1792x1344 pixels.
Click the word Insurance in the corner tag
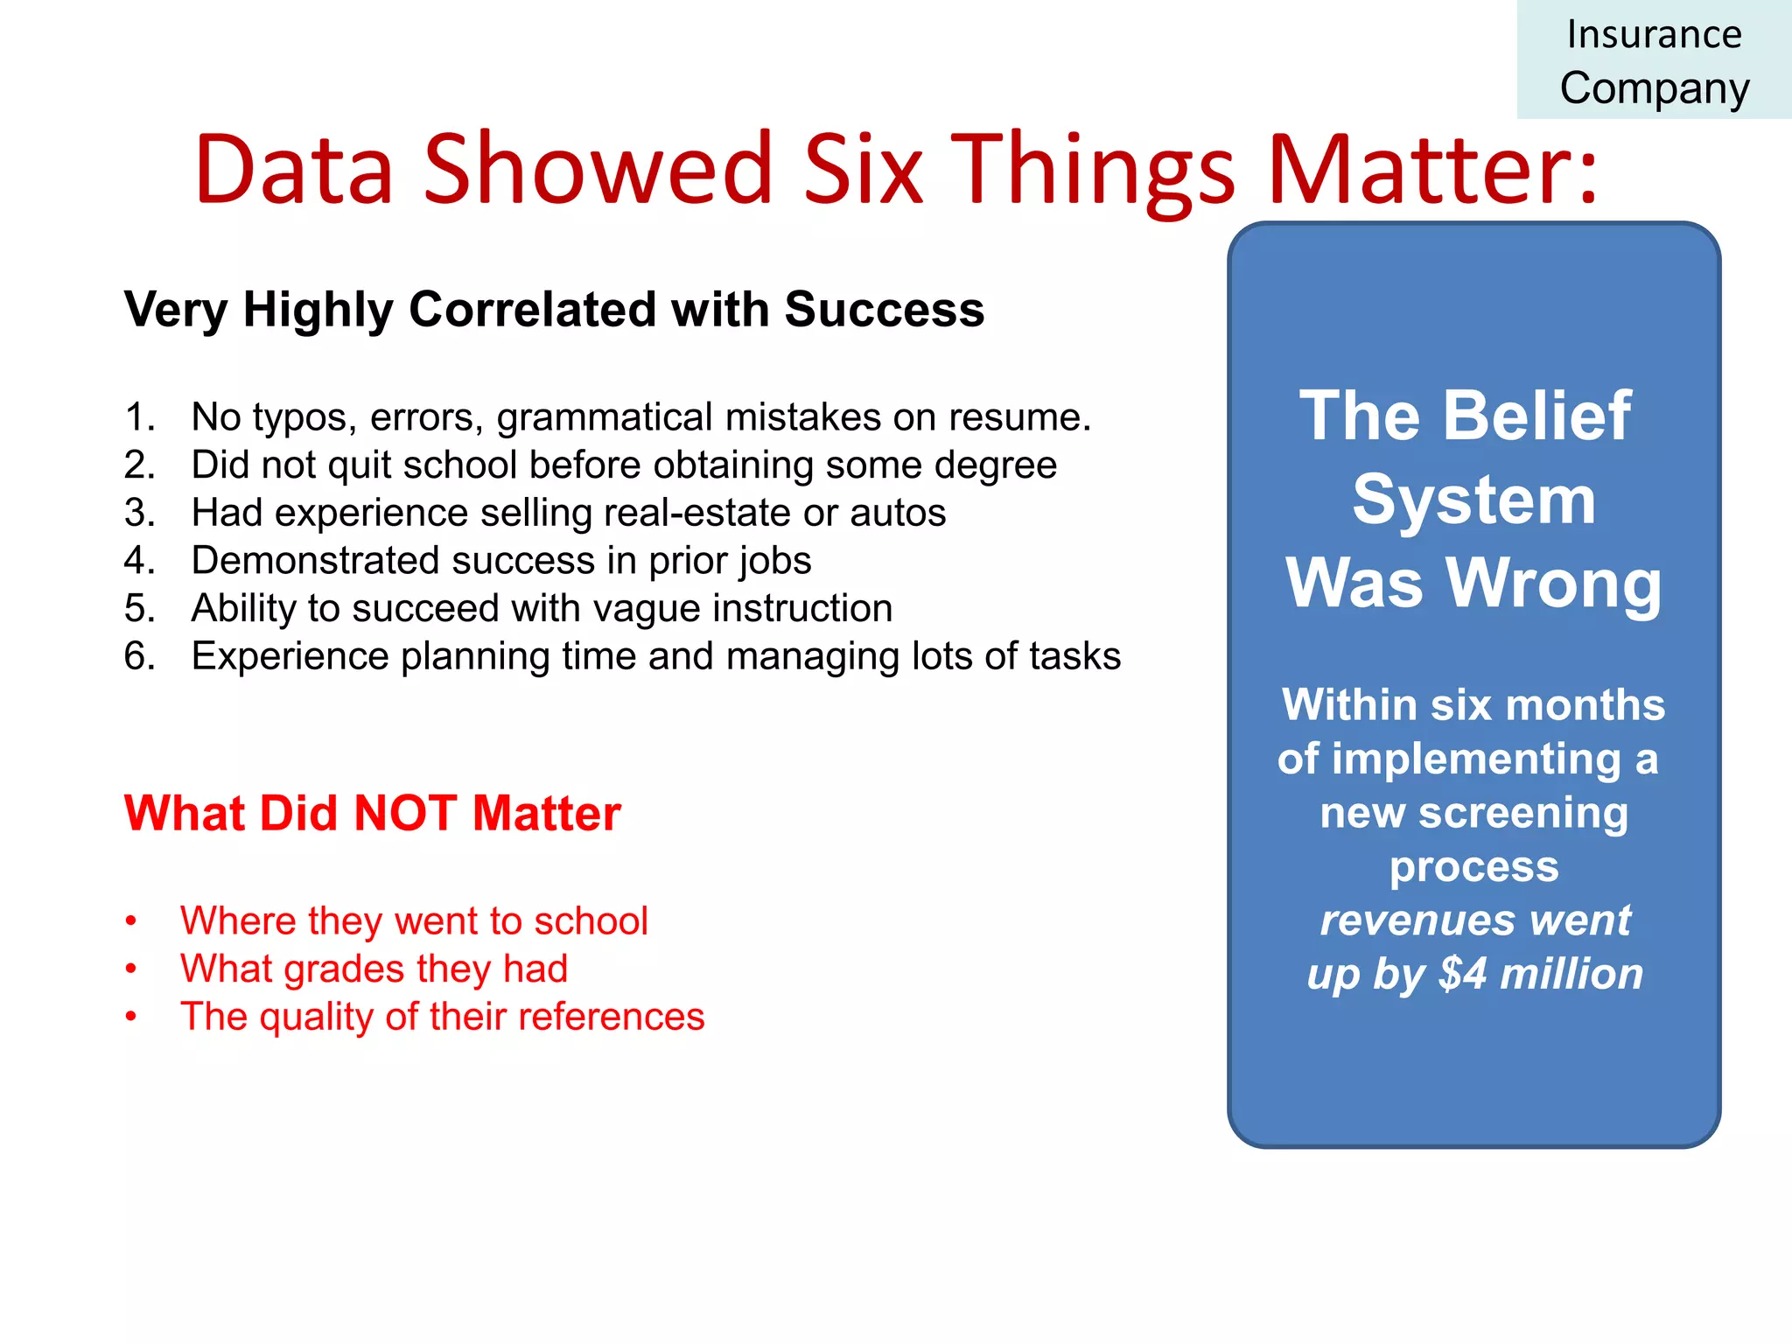point(1654,35)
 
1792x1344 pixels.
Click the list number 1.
point(138,417)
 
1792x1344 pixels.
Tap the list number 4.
point(138,560)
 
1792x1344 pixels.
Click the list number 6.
point(138,656)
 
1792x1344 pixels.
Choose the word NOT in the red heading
point(405,813)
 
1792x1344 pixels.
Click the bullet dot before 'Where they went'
point(131,920)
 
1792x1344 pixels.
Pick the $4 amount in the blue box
point(1462,974)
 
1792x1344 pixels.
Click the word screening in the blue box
point(1522,813)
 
